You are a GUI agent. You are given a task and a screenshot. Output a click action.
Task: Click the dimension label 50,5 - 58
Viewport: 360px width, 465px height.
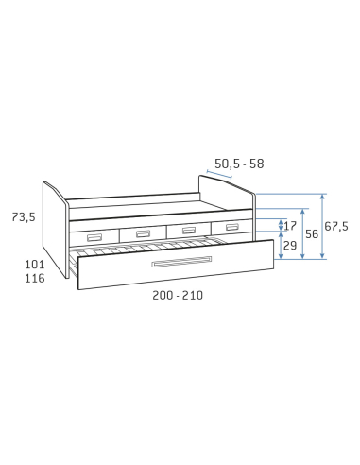[239, 164]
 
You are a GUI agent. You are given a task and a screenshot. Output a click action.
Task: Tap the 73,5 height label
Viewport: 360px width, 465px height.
[24, 217]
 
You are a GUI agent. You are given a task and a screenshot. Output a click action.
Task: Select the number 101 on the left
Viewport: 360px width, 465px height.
[35, 265]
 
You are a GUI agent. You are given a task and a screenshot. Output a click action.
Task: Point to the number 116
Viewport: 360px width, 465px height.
[35, 278]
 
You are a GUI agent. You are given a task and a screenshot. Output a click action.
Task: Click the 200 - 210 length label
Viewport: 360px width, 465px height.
[178, 296]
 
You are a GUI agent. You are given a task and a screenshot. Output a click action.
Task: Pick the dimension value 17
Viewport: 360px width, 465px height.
[290, 226]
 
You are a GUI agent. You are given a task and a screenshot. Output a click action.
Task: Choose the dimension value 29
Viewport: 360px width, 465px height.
[290, 246]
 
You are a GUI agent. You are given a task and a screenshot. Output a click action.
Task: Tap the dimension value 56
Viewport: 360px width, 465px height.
[312, 234]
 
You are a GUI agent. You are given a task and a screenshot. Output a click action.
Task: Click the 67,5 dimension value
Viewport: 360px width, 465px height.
[336, 226]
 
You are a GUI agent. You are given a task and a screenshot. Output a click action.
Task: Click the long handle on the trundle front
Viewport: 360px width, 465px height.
[181, 262]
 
